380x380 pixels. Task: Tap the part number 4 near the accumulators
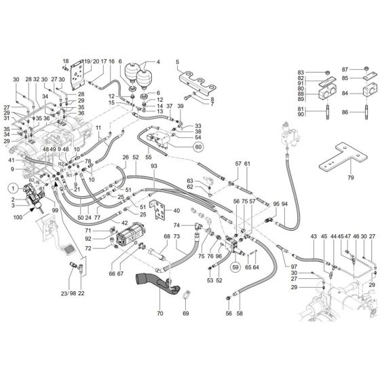158,63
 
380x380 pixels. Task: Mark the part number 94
284,204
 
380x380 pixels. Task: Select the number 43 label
313,235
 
